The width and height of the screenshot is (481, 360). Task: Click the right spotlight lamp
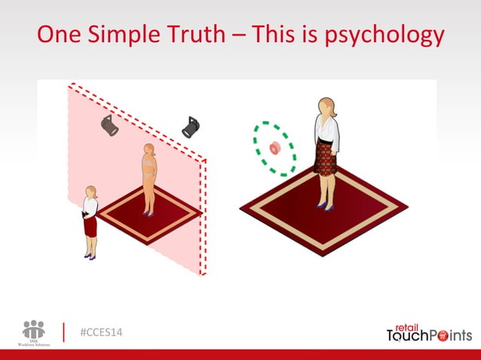point(190,127)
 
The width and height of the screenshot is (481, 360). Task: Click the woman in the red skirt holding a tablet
point(90,221)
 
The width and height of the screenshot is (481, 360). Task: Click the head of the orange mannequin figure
point(149,150)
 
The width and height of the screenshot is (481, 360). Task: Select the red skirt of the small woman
point(90,224)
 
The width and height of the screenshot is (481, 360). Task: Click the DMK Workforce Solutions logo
point(34,332)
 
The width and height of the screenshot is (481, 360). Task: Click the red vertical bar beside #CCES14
point(64,332)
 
